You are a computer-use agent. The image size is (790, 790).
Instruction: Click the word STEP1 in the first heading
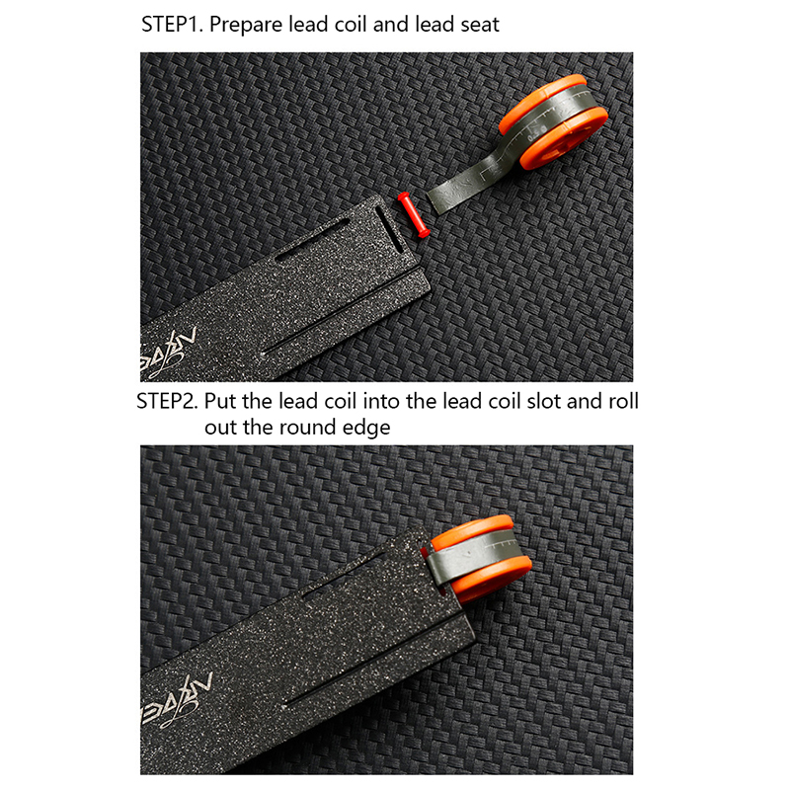pyautogui.click(x=172, y=24)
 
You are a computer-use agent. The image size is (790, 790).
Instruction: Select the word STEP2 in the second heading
pyautogui.click(x=167, y=401)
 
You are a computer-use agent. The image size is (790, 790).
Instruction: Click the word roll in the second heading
pyautogui.click(x=623, y=401)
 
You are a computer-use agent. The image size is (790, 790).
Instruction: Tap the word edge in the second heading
pyautogui.click(x=366, y=429)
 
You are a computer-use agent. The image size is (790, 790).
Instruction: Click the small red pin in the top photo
pyautogui.click(x=413, y=214)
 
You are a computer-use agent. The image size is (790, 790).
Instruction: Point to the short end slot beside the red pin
pyautogui.click(x=388, y=230)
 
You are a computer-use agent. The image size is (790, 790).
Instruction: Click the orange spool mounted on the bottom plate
pyautogui.click(x=479, y=558)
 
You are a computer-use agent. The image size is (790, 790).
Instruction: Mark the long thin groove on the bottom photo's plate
pyautogui.click(x=373, y=663)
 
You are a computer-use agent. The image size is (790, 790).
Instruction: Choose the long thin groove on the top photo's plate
pyautogui.click(x=342, y=312)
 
